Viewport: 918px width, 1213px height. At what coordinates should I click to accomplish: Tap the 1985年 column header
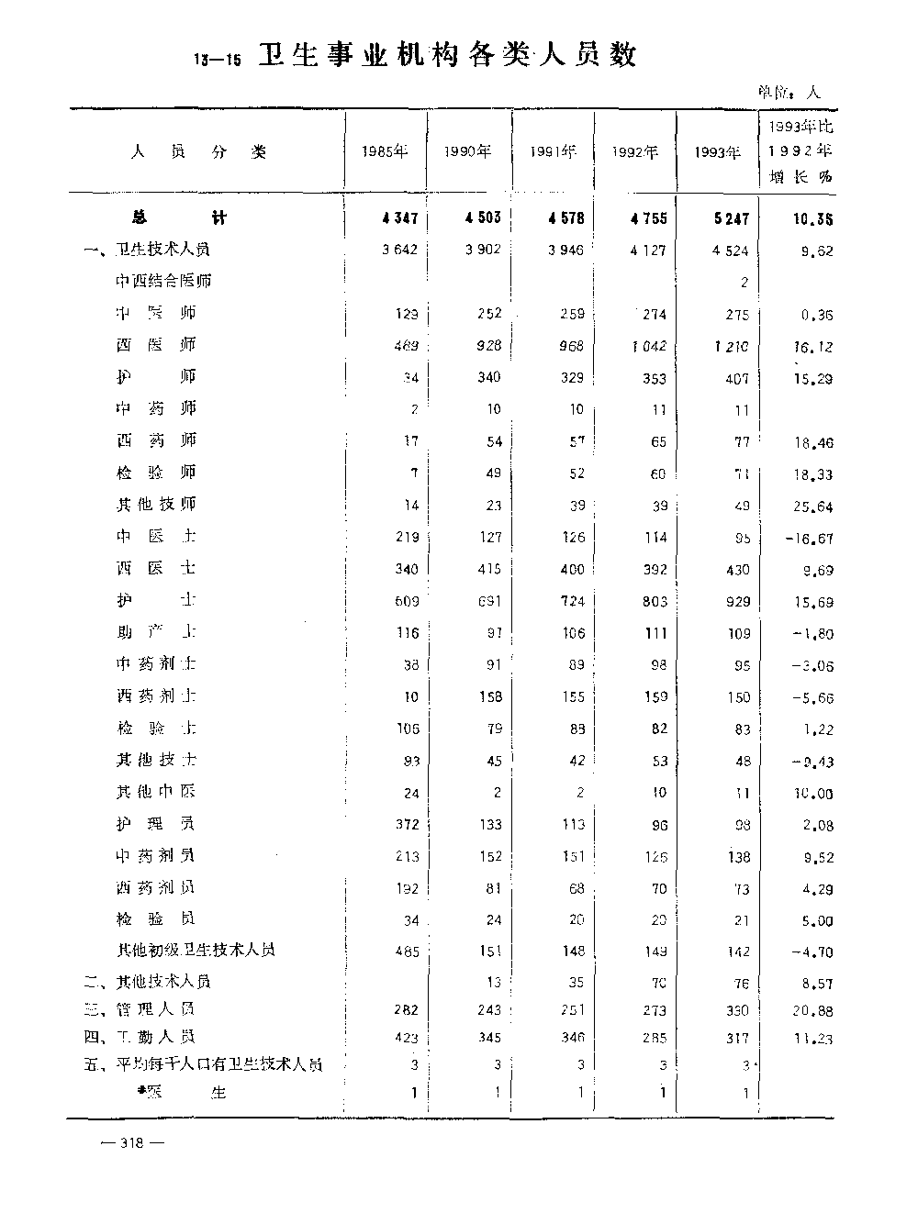click(x=385, y=152)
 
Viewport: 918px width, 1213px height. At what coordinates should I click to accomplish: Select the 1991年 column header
click(x=553, y=152)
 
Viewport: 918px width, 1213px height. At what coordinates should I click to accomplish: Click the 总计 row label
click(x=178, y=217)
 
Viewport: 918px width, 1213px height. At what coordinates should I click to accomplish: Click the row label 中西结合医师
click(x=163, y=281)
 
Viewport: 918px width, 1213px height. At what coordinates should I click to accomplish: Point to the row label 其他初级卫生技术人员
click(x=196, y=950)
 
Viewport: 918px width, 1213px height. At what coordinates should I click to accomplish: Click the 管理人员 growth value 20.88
click(x=812, y=1010)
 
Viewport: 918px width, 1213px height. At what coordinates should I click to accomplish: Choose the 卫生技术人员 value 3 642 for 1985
click(x=400, y=250)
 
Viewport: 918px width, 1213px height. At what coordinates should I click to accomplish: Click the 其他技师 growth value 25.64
click(x=812, y=506)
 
